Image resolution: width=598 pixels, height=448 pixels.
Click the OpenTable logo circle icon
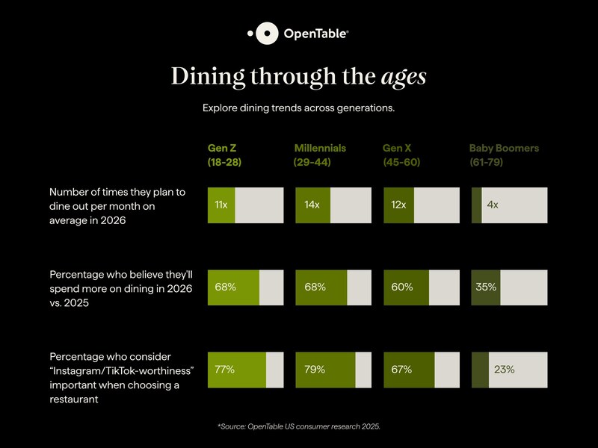coord(267,34)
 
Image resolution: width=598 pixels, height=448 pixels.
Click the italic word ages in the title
coord(404,77)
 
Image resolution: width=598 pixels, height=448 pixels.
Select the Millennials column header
coord(320,155)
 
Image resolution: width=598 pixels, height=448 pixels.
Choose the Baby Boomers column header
coord(503,155)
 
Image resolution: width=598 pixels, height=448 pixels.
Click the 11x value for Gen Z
coord(221,205)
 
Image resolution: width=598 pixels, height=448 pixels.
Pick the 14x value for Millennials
coord(312,205)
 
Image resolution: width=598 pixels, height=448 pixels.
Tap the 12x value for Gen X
coord(398,205)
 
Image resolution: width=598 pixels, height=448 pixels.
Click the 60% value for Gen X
coord(402,287)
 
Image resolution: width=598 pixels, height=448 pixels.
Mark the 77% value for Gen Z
coord(225,369)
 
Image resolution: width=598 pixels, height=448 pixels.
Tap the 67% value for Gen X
coord(402,369)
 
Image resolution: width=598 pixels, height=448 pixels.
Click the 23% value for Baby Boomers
coord(503,369)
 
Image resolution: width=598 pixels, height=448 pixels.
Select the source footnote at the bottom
coord(299,426)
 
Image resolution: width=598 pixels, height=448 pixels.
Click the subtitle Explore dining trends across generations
coord(298,108)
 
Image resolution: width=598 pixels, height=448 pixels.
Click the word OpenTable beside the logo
coord(315,34)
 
